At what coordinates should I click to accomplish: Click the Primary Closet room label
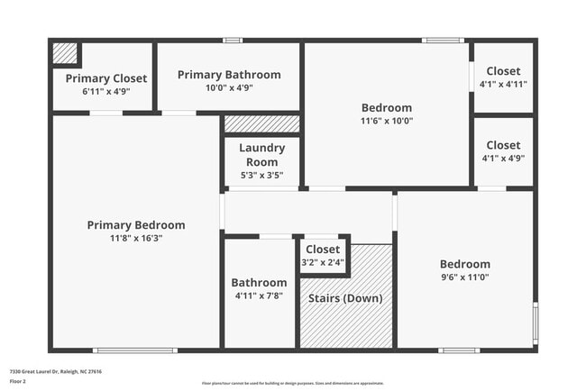[x=106, y=78]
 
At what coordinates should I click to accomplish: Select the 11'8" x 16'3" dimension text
[x=136, y=238]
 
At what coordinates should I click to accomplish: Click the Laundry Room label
[x=261, y=154]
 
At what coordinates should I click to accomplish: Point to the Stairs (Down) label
[x=345, y=298]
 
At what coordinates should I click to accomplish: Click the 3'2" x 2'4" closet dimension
[x=323, y=262]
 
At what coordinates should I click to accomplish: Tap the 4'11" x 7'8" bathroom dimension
[x=259, y=296]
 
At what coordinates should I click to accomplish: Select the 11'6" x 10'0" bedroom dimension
[x=387, y=121]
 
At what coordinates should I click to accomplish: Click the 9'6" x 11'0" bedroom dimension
[x=464, y=277]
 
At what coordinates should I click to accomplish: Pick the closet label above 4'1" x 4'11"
[x=503, y=71]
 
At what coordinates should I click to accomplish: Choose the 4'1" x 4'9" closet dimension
[x=503, y=158]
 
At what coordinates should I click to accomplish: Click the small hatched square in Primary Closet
[x=64, y=53]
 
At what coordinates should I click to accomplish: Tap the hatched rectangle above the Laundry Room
[x=261, y=123]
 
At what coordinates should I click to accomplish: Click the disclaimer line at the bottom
[x=293, y=383]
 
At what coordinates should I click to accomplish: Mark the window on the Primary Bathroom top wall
[x=233, y=40]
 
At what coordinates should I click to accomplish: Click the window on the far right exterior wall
[x=535, y=324]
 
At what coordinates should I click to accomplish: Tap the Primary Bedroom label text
[x=136, y=225]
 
